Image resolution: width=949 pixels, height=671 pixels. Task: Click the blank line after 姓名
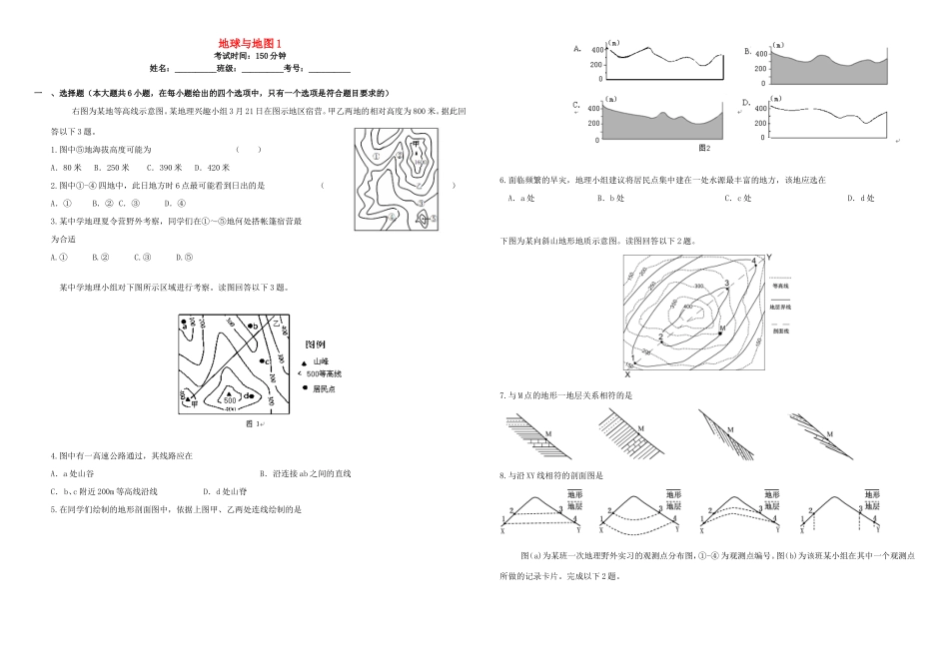[x=195, y=69]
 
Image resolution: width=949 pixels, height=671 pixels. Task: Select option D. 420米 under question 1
[x=212, y=167]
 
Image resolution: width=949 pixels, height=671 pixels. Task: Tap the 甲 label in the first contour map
[x=414, y=144]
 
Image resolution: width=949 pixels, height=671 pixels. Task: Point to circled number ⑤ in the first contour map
[x=425, y=220]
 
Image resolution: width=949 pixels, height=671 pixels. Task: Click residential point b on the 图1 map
[x=256, y=326]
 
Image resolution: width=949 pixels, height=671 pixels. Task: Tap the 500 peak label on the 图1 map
[x=229, y=399]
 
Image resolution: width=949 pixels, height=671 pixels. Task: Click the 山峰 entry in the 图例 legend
[x=320, y=361]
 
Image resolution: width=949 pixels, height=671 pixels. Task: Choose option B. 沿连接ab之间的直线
[x=312, y=473]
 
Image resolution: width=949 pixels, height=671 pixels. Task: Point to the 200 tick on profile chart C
[x=594, y=123]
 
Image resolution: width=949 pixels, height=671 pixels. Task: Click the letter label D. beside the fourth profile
[x=746, y=103]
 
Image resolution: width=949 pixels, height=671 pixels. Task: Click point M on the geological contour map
[x=720, y=327]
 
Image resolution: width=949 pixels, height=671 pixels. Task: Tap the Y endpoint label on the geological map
[x=769, y=258]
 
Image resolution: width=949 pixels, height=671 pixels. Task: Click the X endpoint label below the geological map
[x=627, y=375]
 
